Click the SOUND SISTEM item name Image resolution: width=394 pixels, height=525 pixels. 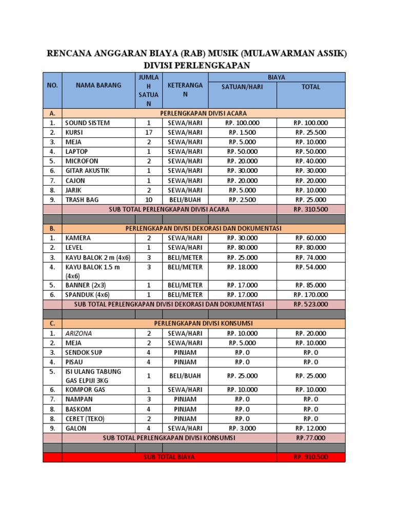(87, 123)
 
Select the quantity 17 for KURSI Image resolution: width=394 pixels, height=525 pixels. (149, 133)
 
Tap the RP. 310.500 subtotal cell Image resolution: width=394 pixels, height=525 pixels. (311, 209)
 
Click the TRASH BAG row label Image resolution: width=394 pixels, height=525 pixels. (82, 199)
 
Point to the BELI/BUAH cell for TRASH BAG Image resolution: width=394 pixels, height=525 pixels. (185, 199)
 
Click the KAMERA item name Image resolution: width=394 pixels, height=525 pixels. (78, 238)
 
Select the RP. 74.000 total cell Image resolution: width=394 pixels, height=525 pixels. (311, 258)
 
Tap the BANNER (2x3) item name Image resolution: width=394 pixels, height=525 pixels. (85, 285)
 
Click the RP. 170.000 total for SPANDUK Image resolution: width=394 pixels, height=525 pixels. (311, 295)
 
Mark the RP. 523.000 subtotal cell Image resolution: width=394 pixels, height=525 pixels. (311, 304)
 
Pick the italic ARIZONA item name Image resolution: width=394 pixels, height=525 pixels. (78, 333)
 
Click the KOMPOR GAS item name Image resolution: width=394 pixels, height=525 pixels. (85, 390)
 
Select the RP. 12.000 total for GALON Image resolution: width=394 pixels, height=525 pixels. (311, 428)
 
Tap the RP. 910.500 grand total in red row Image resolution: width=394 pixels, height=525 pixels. (311, 457)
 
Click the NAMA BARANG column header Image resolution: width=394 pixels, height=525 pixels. (98, 86)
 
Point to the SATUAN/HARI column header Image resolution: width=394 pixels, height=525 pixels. (242, 87)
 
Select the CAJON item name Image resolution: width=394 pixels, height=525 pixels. (75, 180)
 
